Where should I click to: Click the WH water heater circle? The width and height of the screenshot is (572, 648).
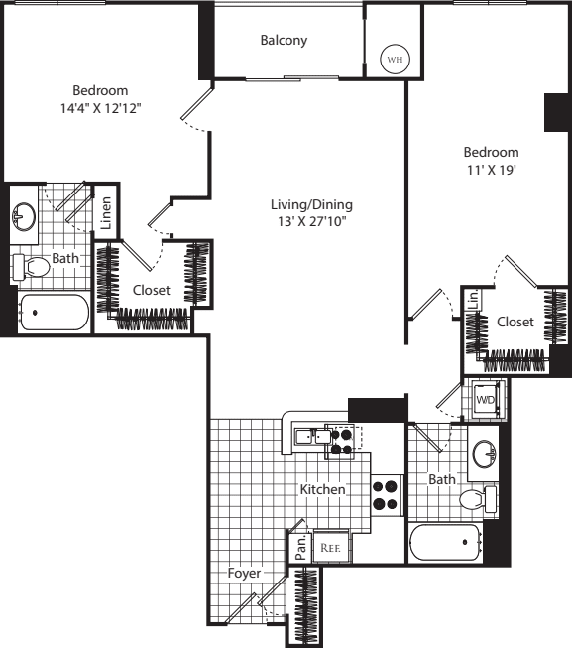point(395,60)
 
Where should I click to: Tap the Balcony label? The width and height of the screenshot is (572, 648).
point(284,41)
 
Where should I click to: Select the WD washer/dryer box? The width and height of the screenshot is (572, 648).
point(486,400)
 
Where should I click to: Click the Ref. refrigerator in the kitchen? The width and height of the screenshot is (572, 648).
point(328,546)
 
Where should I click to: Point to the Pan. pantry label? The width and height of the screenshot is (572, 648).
point(301,547)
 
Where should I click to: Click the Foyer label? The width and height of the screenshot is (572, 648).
point(244,574)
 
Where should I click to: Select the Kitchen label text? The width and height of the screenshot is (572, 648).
point(323,490)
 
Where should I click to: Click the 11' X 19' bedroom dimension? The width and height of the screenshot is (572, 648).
point(492,170)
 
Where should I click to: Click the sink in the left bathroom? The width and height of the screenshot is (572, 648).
point(23,215)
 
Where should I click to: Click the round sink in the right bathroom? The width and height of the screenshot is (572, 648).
point(486,454)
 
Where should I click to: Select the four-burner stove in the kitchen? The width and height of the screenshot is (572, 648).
point(386,494)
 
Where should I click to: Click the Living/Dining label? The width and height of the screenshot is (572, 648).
point(312,205)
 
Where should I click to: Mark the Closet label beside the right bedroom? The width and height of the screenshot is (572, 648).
point(515,322)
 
